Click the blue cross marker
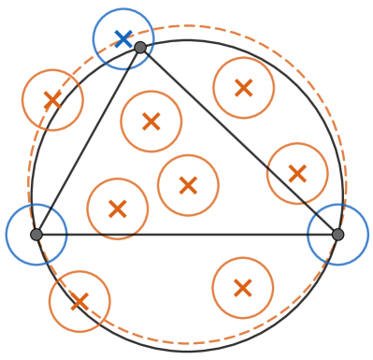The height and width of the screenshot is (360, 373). [123, 38]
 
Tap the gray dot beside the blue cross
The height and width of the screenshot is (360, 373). [140, 48]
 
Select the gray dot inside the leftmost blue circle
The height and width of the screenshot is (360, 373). [36, 235]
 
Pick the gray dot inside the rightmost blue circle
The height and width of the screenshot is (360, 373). [337, 235]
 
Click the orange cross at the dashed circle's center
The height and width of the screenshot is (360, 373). [188, 185]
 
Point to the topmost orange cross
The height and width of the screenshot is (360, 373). [243, 88]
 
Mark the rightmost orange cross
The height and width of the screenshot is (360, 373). [297, 173]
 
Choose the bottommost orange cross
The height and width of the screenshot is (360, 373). [79, 301]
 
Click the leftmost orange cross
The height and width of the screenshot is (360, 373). [52, 99]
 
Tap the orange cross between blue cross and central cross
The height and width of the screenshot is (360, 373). [151, 122]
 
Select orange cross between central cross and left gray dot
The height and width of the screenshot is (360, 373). [118, 209]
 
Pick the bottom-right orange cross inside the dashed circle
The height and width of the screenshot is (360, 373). [242, 287]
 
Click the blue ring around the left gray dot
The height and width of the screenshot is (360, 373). [36, 204]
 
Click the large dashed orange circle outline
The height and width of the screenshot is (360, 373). [187, 26]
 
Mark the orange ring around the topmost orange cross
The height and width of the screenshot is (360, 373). [243, 57]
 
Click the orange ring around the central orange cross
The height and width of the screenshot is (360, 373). [188, 154]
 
